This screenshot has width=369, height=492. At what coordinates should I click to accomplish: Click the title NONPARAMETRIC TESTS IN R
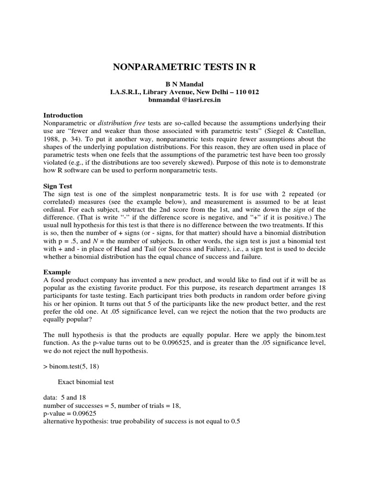click(184, 67)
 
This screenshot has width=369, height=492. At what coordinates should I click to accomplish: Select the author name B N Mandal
click(184, 84)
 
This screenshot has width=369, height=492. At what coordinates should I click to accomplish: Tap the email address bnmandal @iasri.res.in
click(184, 100)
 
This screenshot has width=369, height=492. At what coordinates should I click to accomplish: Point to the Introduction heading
click(63, 115)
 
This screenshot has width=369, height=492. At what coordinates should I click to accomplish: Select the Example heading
click(57, 271)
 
